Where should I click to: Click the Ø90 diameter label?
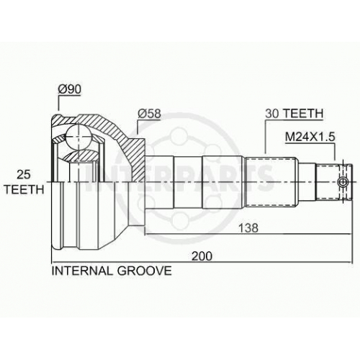tap(70, 89)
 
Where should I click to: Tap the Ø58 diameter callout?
tap(149, 114)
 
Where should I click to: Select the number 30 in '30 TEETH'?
tap(272, 113)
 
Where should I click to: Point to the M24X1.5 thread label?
tap(310, 137)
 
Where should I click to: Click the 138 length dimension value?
tap(248, 228)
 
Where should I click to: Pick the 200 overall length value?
tap(202, 256)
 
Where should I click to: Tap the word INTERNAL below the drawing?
tap(82, 271)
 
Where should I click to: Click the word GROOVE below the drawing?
tap(144, 271)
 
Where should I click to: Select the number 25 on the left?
tap(24, 175)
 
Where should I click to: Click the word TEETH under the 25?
tap(24, 189)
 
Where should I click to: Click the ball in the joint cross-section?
tap(78, 138)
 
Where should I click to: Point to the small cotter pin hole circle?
tap(343, 181)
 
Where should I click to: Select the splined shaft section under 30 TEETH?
tap(271, 181)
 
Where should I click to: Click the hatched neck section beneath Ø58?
tap(135, 156)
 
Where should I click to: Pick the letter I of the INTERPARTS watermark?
tap(89, 178)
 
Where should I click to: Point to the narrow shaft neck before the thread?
tap(306, 181)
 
